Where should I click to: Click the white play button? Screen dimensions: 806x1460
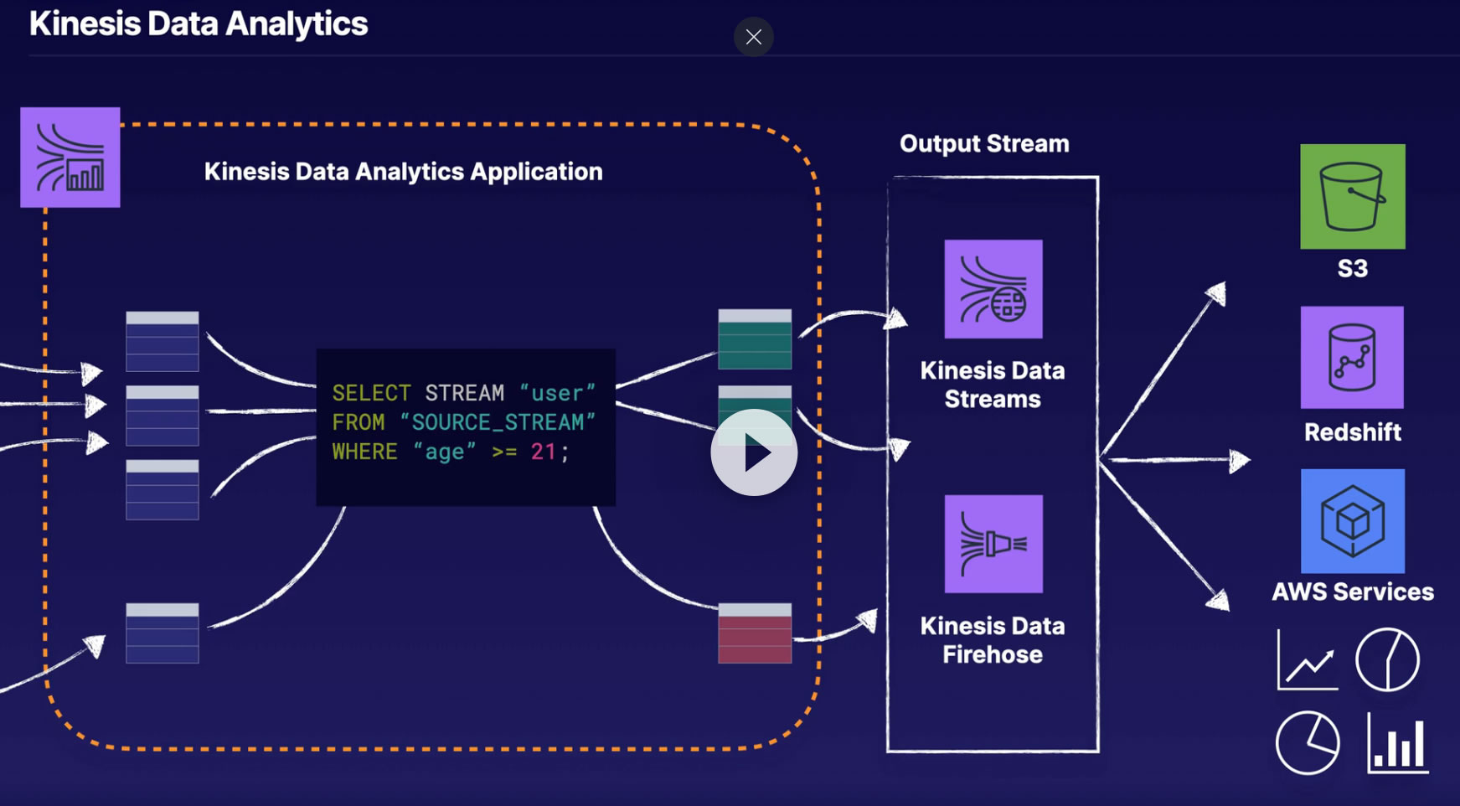click(x=754, y=452)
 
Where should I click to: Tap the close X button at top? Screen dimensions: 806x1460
click(x=754, y=37)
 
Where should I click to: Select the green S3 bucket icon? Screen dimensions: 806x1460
click(x=1352, y=196)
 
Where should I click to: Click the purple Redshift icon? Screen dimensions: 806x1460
click(x=1352, y=357)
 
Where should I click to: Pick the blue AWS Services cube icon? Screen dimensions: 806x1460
click(x=1352, y=520)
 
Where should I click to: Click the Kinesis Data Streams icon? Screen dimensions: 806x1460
click(x=993, y=289)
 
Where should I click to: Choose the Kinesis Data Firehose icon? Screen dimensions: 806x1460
click(x=993, y=544)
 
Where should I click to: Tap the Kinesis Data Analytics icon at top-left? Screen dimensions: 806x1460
click(x=70, y=158)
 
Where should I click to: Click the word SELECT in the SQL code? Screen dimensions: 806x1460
click(x=371, y=393)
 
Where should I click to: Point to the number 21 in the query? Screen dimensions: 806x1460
click(x=543, y=452)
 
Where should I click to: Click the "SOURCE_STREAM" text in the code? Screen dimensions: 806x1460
click(x=498, y=422)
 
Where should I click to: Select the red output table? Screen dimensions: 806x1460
click(x=755, y=633)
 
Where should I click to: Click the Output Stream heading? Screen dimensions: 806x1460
click(x=984, y=143)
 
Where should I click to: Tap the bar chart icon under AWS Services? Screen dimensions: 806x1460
click(x=1398, y=742)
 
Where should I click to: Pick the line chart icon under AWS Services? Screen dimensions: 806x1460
click(x=1308, y=660)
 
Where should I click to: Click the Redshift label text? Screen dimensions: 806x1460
click(x=1352, y=431)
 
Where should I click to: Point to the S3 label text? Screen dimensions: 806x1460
click(x=1352, y=268)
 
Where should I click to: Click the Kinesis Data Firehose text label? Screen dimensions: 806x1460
click(x=993, y=640)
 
